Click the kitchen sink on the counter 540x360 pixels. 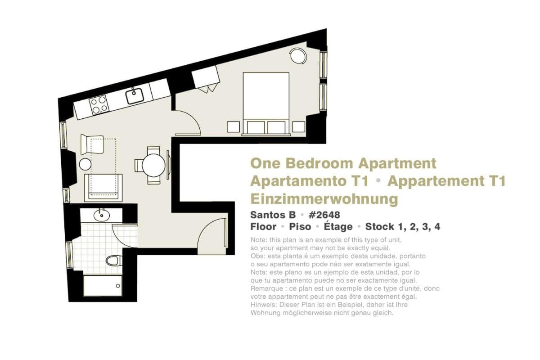click(x=135, y=96)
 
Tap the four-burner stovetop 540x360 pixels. click(x=99, y=105)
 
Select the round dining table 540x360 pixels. click(x=153, y=166)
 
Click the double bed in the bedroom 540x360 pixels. click(x=266, y=103)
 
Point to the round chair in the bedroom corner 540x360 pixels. click(x=298, y=56)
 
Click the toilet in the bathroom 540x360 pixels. click(x=114, y=261)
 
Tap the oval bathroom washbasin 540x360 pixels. click(x=102, y=215)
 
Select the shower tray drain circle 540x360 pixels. click(x=118, y=286)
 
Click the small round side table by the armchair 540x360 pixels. click(x=85, y=164)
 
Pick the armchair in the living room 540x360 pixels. click(x=92, y=144)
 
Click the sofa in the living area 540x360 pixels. click(x=103, y=188)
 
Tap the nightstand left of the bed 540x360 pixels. click(x=234, y=127)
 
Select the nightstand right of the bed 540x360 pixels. click(x=299, y=127)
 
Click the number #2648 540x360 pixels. click(x=324, y=215)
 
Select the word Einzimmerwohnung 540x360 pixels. click(x=324, y=199)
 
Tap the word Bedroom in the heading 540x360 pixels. click(x=319, y=163)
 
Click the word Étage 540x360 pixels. click(x=338, y=226)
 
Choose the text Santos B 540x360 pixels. click(x=273, y=215)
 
